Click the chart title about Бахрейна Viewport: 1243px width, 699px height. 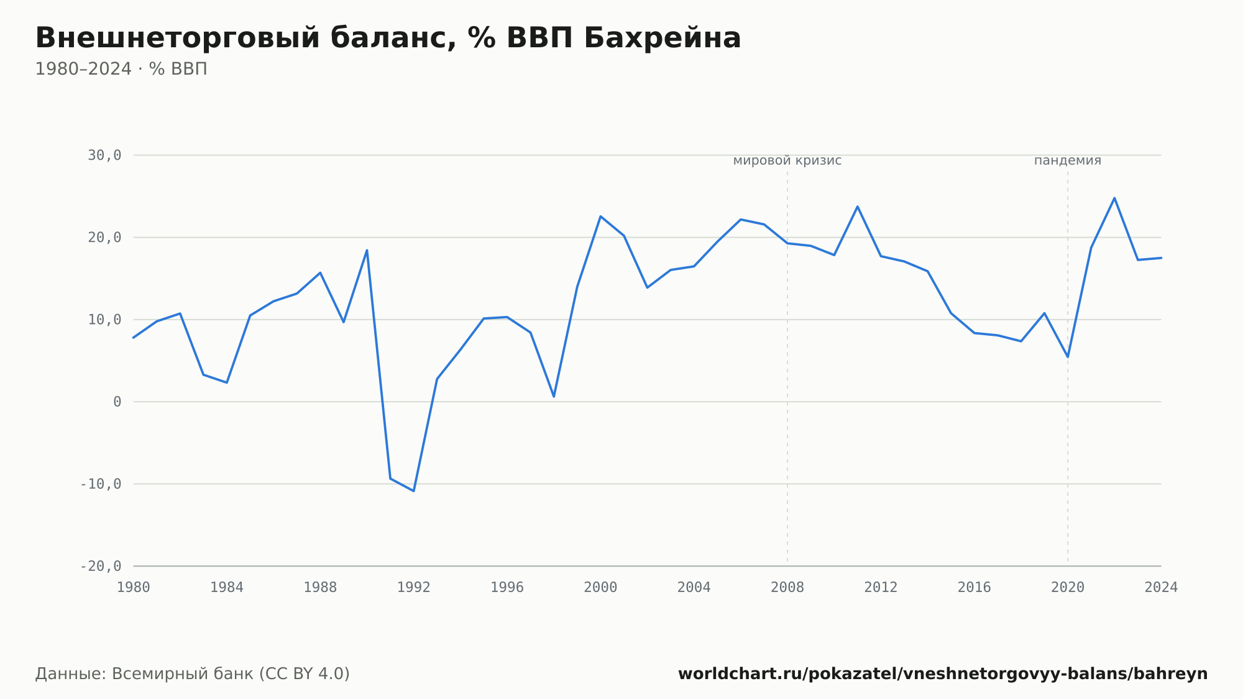[388, 39]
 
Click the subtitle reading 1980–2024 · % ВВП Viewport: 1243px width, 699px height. [121, 69]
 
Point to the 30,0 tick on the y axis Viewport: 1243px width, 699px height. [104, 155]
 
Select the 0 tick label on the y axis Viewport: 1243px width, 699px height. [117, 402]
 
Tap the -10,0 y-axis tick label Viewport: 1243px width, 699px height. [101, 484]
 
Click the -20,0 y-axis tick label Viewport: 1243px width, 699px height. [101, 566]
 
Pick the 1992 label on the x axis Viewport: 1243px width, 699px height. [414, 588]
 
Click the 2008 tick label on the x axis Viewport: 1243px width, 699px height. [787, 588]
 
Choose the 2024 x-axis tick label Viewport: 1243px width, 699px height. [1161, 588]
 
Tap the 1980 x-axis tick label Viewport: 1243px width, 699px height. [134, 588]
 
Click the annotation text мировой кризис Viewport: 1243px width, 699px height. [787, 160]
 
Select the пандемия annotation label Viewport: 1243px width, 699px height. [1068, 160]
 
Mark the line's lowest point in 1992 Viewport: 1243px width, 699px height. [413, 491]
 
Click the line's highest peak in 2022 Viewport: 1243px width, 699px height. [1114, 198]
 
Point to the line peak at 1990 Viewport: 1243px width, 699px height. [367, 250]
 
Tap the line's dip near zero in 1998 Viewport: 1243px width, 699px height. [554, 397]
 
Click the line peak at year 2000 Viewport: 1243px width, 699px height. [600, 216]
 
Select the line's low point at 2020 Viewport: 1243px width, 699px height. [1068, 357]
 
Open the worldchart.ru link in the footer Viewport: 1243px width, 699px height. [943, 674]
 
